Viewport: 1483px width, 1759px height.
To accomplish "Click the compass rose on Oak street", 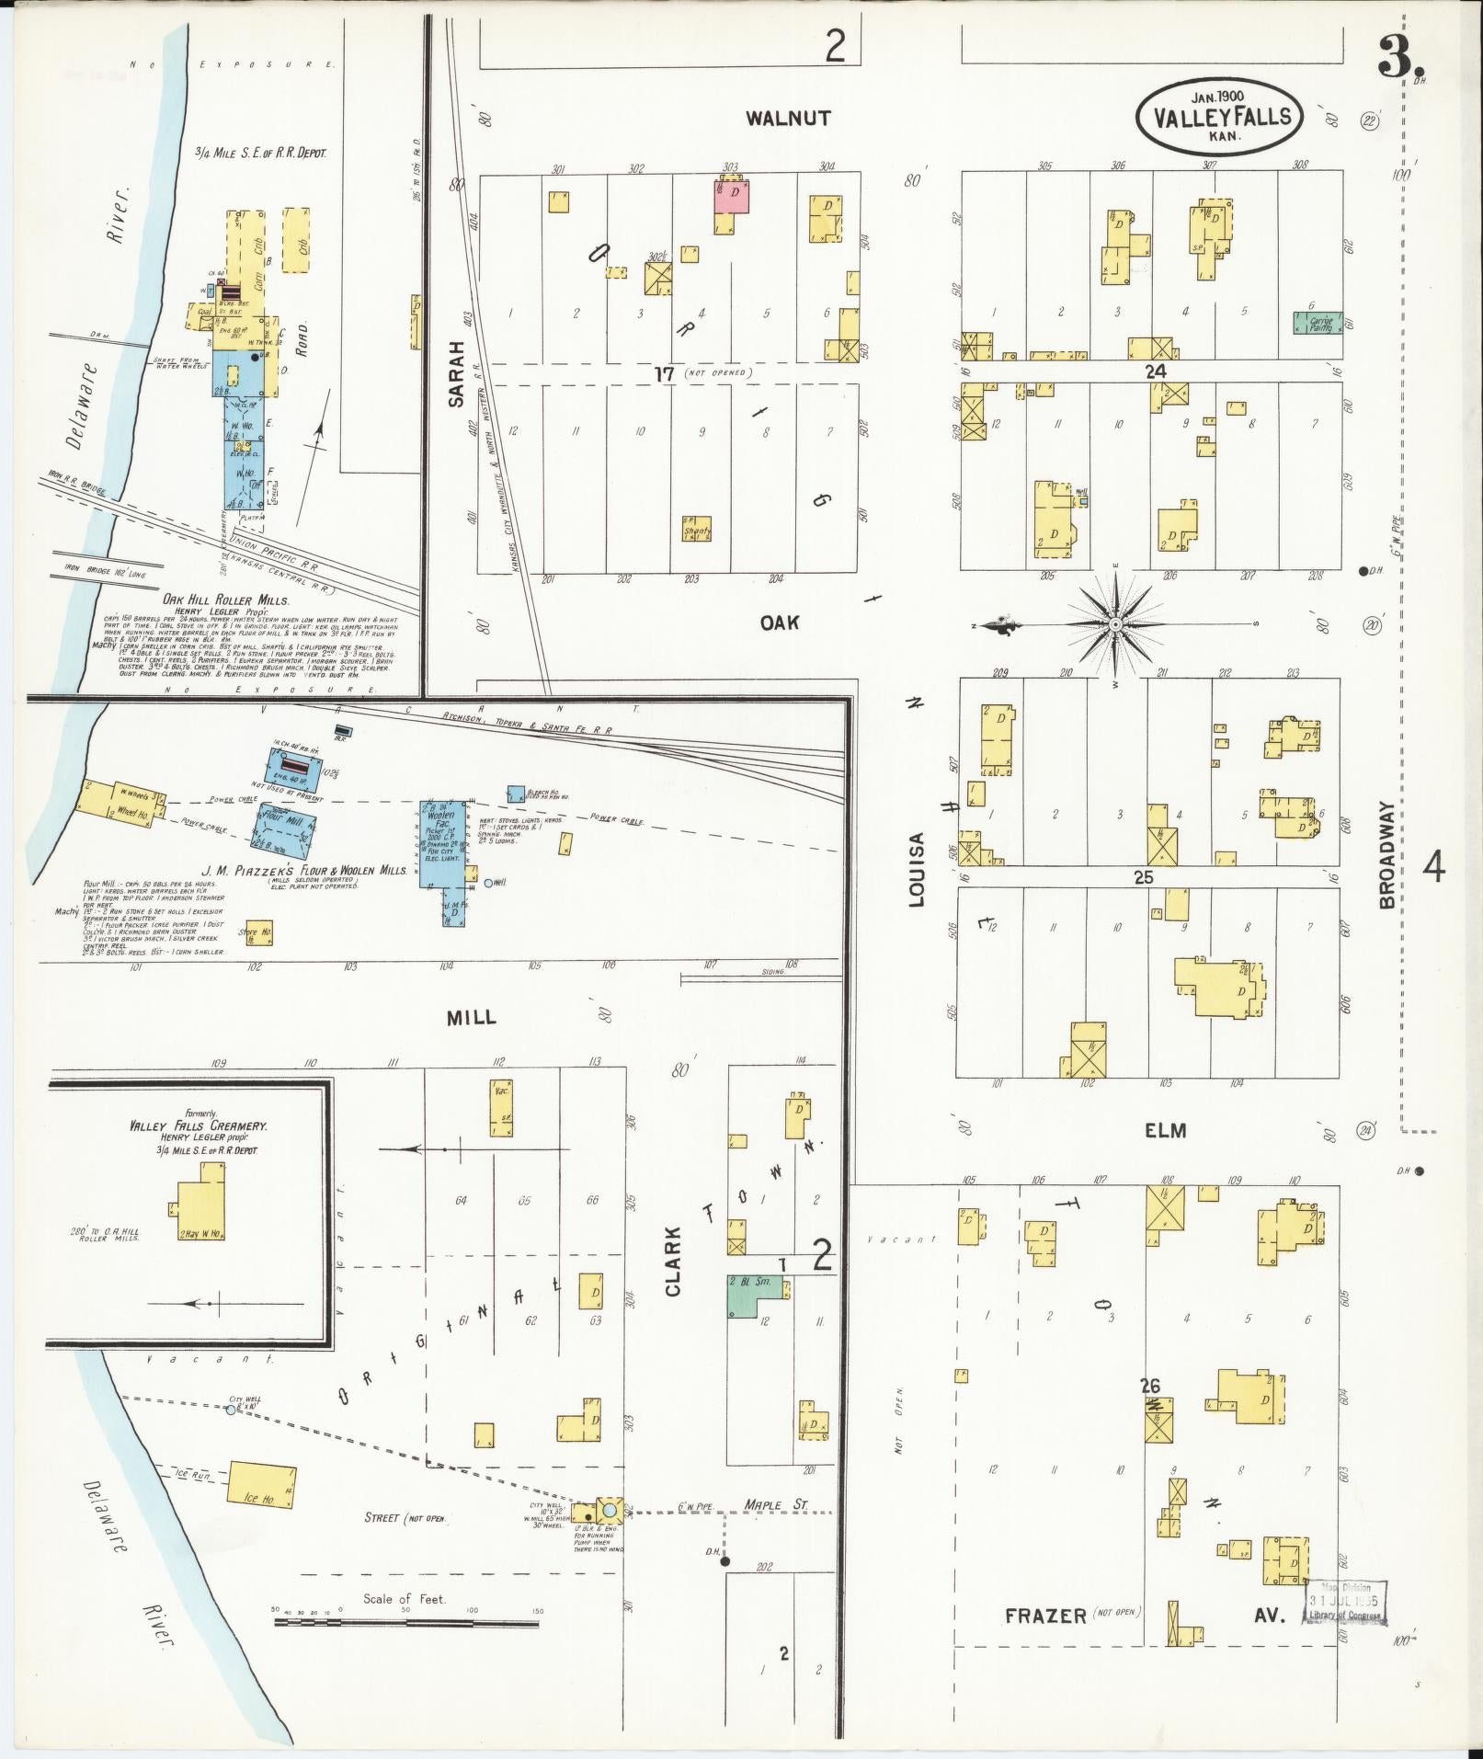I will (x=1114, y=624).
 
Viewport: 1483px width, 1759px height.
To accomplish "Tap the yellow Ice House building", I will (x=261, y=1484).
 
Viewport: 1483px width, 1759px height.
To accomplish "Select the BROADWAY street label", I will (x=1386, y=854).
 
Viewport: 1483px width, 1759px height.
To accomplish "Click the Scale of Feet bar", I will (x=405, y=1623).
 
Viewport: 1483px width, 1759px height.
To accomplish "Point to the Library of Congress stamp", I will (x=1345, y=1605).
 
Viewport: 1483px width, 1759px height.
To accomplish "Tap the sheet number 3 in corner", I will (x=1398, y=61).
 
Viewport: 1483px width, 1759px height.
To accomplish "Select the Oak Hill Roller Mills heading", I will (x=225, y=599).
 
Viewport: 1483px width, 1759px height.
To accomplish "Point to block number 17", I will (x=664, y=373).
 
